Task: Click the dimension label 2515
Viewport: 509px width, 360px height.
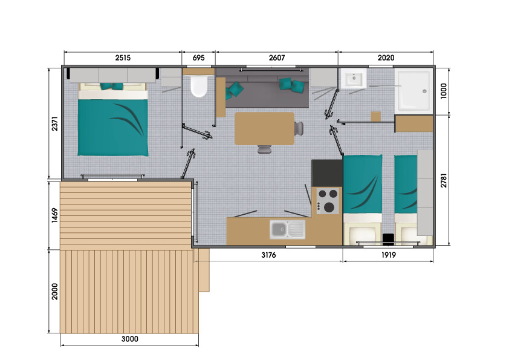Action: click(123, 58)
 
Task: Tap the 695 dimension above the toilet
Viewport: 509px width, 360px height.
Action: click(198, 58)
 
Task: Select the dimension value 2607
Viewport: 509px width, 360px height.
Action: click(277, 58)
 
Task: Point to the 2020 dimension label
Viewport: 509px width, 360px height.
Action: click(386, 58)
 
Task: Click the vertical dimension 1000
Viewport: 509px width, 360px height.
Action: click(444, 91)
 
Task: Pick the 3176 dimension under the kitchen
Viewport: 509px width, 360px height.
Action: click(268, 255)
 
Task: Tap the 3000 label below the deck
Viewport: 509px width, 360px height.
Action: click(129, 339)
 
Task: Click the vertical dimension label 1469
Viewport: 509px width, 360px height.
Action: click(54, 215)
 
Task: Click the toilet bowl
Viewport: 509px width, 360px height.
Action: click(198, 87)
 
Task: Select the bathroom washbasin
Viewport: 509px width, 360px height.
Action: click(354, 78)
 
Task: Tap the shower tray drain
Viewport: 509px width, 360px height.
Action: click(424, 91)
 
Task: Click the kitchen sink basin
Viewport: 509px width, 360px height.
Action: click(279, 229)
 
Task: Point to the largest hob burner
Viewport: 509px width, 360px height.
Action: click(329, 207)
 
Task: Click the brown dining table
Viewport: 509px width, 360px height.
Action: click(264, 129)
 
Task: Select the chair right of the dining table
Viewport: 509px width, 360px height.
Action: click(299, 128)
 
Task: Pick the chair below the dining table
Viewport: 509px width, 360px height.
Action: click(265, 149)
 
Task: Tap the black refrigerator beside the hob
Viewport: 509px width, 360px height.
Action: click(327, 173)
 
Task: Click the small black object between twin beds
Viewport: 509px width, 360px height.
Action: click(388, 239)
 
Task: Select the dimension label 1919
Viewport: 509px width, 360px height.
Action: click(388, 255)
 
